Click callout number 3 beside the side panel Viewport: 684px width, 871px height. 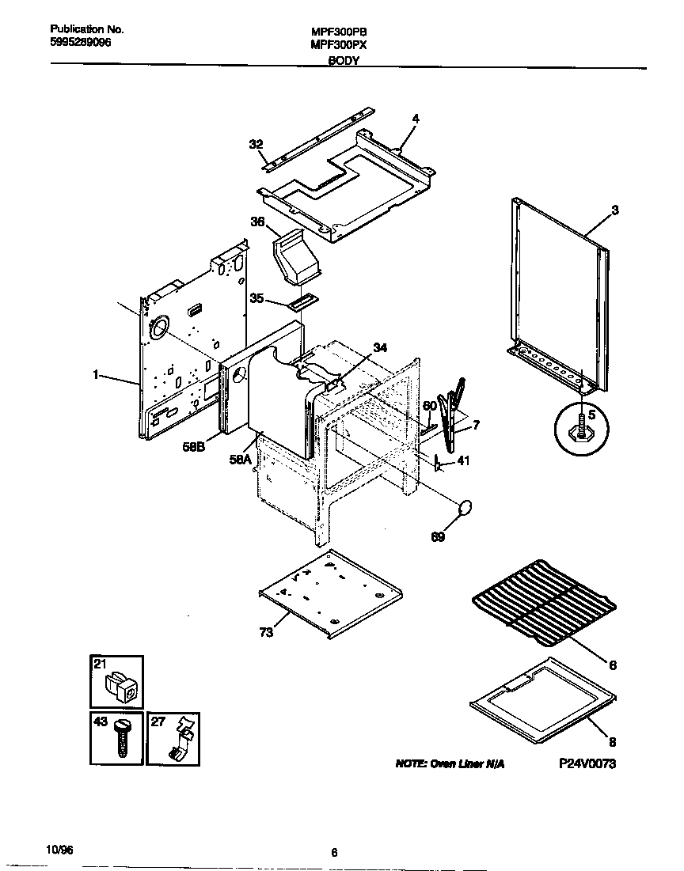coord(614,210)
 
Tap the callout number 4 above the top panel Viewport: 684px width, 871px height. coord(415,119)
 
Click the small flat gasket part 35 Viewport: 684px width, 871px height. coord(303,301)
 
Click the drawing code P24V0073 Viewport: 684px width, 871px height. coord(587,763)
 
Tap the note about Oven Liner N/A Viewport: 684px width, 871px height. coord(449,765)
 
